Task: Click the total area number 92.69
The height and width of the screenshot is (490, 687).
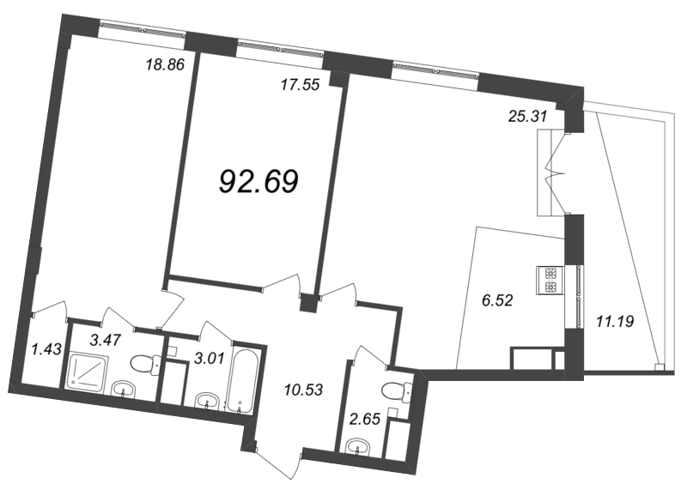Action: pyautogui.click(x=258, y=181)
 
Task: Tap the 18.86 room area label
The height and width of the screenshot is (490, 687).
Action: pyautogui.click(x=165, y=65)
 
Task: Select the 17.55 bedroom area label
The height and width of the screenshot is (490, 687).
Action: pyautogui.click(x=300, y=84)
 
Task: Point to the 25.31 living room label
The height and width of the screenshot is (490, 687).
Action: pyautogui.click(x=528, y=116)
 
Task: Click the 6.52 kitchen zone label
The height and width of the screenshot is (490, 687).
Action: pyautogui.click(x=497, y=300)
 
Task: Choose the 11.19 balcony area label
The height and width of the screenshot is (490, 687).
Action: pyautogui.click(x=615, y=322)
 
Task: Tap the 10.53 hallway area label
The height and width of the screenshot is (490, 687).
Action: pyautogui.click(x=303, y=390)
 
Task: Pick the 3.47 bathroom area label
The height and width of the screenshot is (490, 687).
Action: pyautogui.click(x=105, y=339)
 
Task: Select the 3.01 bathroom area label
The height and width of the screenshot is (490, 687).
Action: pyautogui.click(x=209, y=358)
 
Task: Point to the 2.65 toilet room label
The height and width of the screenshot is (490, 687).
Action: pyautogui.click(x=364, y=419)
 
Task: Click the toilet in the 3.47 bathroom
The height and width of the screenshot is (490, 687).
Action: pyautogui.click(x=146, y=363)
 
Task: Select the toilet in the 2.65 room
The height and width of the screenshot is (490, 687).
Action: pyautogui.click(x=397, y=390)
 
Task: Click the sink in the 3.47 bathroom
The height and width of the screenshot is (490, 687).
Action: pyautogui.click(x=124, y=390)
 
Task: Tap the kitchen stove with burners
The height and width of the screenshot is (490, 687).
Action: pyautogui.click(x=550, y=281)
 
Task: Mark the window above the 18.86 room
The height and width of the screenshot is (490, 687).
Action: pyautogui.click(x=143, y=29)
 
